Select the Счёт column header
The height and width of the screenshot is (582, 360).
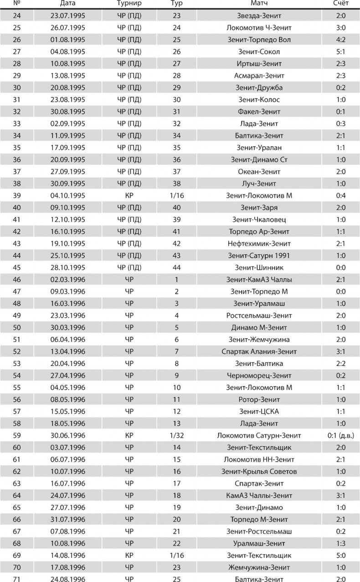click(341, 4)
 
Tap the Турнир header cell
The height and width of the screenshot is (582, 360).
click(129, 4)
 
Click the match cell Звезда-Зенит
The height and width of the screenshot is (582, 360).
click(259, 16)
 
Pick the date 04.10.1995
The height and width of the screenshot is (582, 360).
click(68, 196)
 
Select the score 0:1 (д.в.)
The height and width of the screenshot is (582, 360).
click(341, 436)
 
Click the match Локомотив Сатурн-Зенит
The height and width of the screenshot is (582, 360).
click(259, 436)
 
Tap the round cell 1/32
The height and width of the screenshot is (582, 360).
click(176, 436)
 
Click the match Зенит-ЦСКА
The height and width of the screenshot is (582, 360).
click(259, 412)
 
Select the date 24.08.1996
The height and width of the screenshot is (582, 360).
click(68, 579)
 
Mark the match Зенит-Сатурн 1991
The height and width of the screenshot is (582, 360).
click(259, 256)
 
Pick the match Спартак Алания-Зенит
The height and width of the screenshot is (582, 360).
click(259, 352)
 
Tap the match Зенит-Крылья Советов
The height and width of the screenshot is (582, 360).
click(259, 472)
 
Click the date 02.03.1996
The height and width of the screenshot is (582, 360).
click(68, 280)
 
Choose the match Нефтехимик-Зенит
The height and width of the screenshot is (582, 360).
click(259, 244)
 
